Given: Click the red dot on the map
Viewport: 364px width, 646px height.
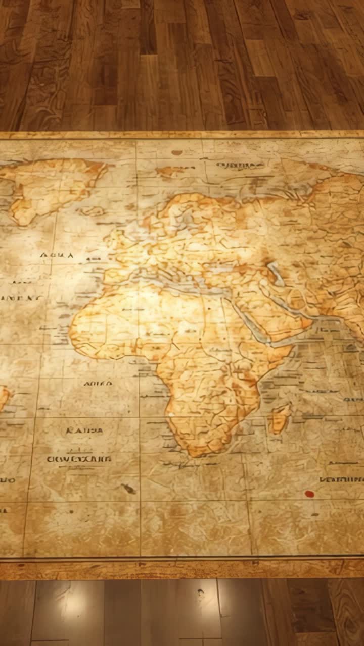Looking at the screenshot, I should pos(309,494).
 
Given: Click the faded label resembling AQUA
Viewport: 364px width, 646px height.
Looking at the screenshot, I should pos(57,255).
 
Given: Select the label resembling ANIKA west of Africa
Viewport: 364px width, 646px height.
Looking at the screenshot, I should pos(98,384).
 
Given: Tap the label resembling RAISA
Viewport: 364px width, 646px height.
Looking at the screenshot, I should pos(84,430).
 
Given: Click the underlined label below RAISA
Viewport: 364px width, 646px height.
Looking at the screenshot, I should pos(79,459).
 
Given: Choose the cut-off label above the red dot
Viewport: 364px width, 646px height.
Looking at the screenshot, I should pos(341,479).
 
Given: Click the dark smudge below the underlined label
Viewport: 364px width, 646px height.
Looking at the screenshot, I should pos(129,488).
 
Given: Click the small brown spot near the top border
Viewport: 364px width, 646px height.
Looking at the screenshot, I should pos(176,152).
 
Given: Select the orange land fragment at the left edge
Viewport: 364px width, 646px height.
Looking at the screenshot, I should pos(4,396).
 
